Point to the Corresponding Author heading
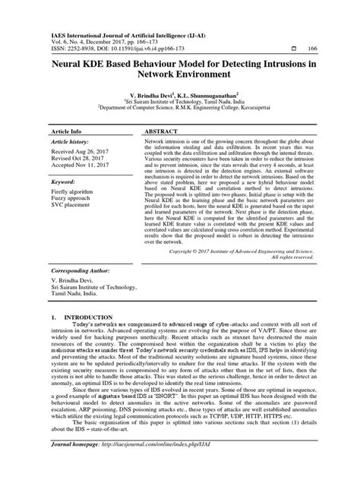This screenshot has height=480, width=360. point(82,270)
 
